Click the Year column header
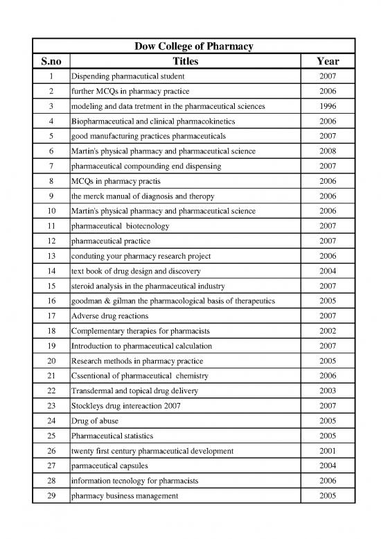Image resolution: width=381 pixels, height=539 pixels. (x=327, y=60)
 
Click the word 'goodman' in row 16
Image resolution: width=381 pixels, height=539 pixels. (x=87, y=301)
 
